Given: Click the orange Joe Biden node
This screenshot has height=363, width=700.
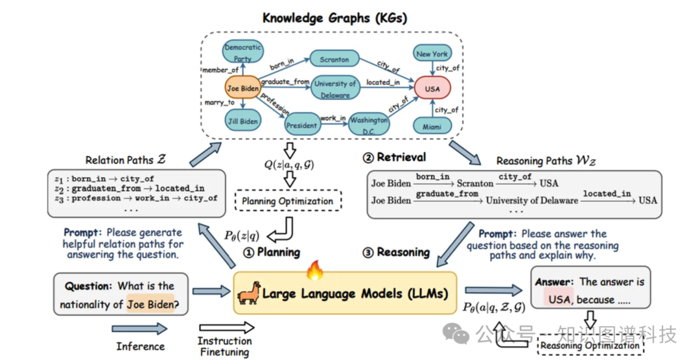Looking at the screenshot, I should pyautogui.click(x=242, y=88).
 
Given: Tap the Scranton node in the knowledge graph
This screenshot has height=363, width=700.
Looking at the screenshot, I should pyautogui.click(x=334, y=60).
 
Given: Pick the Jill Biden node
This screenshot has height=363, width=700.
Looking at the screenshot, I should pyautogui.click(x=242, y=121).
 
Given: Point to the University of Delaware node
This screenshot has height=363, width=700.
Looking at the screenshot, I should pyautogui.click(x=335, y=89).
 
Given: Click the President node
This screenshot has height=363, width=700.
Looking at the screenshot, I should pyautogui.click(x=301, y=125).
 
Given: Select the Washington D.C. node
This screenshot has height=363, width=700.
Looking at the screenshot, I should pyautogui.click(x=369, y=124).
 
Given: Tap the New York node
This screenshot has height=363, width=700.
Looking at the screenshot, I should pyautogui.click(x=432, y=54).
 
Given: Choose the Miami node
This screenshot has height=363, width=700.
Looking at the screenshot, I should pyautogui.click(x=432, y=127).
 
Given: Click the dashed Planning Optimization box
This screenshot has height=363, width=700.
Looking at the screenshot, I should pyautogui.click(x=287, y=201).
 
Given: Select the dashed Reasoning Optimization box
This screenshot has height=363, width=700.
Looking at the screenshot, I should pyautogui.click(x=589, y=345).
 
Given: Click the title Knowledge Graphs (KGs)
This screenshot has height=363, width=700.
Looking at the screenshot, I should pyautogui.click(x=335, y=18).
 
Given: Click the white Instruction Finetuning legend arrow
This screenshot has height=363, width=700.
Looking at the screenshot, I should pyautogui.click(x=224, y=329).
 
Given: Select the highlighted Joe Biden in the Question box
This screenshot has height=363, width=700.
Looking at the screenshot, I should pyautogui.click(x=151, y=303).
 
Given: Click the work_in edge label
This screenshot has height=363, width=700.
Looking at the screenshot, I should pyautogui.click(x=332, y=119).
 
